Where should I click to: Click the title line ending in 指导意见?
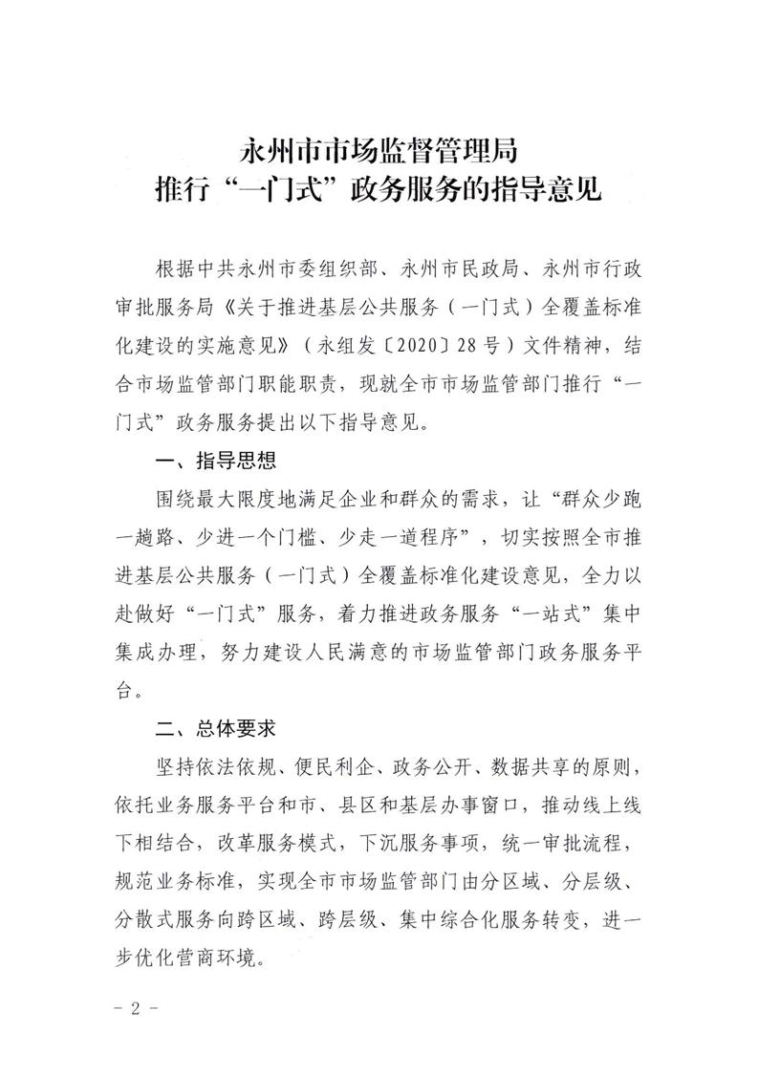click(x=379, y=189)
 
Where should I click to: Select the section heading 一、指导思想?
click(x=215, y=462)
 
